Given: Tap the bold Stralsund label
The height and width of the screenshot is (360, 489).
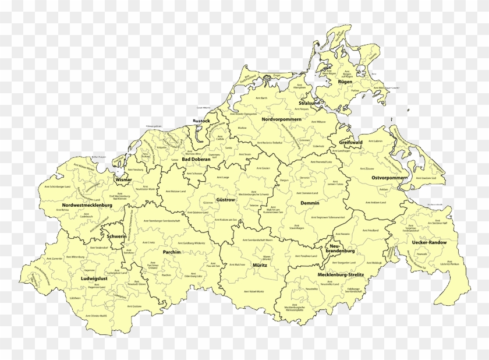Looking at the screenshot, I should (310, 103).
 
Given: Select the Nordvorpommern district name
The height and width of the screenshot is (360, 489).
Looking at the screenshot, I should (281, 119).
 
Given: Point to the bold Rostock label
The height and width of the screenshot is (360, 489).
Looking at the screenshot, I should (201, 121).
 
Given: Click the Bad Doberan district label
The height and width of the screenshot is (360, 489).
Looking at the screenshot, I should (195, 159).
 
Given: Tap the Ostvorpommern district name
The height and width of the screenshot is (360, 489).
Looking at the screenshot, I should (389, 177).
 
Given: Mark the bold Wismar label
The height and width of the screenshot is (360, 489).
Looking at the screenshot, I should (124, 180).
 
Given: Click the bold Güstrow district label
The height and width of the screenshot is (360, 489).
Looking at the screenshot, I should (225, 200).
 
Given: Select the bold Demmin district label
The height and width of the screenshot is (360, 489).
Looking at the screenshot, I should (309, 203).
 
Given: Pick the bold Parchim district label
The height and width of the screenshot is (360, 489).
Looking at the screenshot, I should (172, 252).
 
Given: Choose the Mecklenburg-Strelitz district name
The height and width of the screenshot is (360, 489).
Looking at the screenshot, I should (341, 274).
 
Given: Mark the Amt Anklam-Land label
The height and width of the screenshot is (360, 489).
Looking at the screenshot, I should (373, 202).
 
